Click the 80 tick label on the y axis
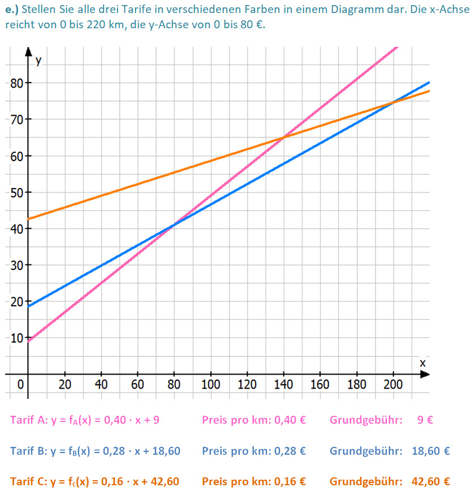(17, 83)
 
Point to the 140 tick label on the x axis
(283, 385)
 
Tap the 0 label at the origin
(20, 385)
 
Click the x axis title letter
(422, 363)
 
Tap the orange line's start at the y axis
(28, 219)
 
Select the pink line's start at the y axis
(28, 341)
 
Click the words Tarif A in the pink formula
(26, 420)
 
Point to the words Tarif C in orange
(26, 481)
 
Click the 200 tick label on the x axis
(393, 385)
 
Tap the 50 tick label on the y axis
(17, 192)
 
